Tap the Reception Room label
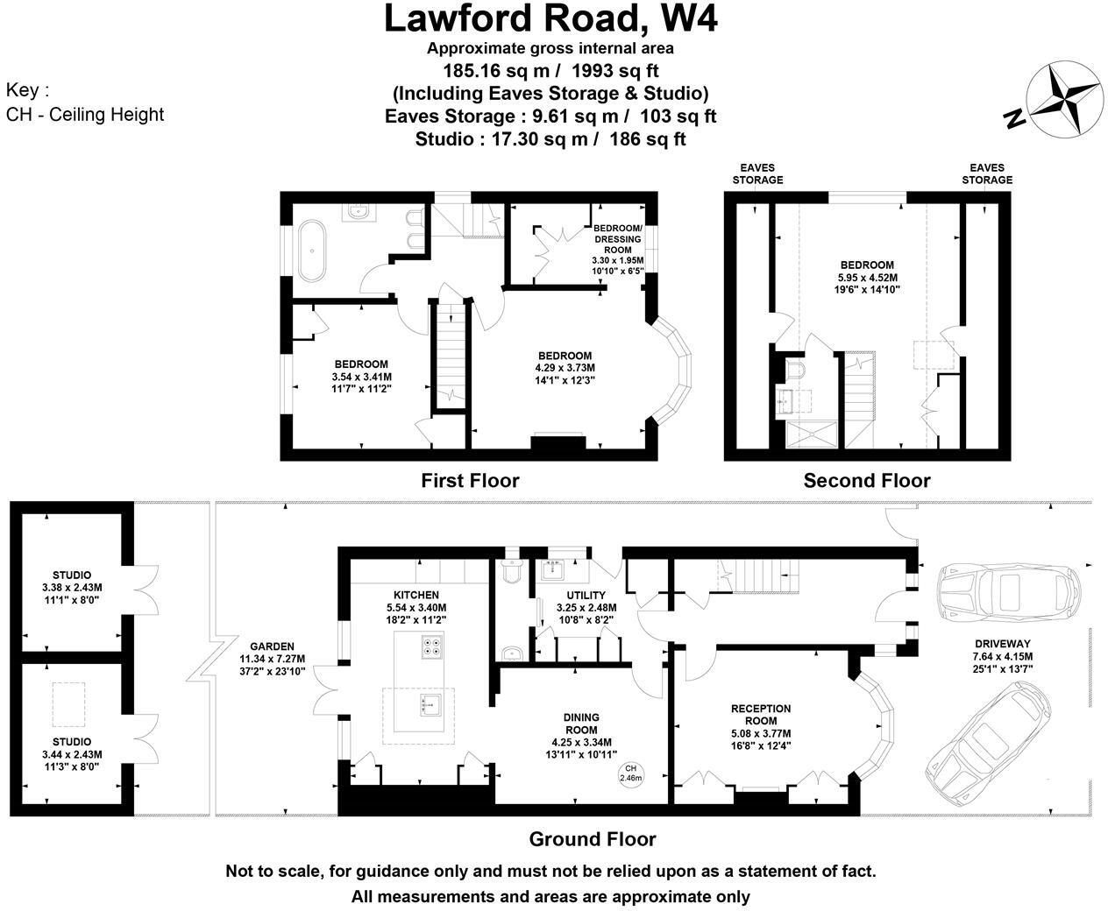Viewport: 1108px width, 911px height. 761,715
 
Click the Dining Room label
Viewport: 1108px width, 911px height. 581,724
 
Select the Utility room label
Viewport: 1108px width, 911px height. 586,596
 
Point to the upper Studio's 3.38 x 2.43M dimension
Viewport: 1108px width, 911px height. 72,587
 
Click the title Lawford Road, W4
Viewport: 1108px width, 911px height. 550,19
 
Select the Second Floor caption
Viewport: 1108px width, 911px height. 866,480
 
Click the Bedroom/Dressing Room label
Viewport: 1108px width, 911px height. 618,238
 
